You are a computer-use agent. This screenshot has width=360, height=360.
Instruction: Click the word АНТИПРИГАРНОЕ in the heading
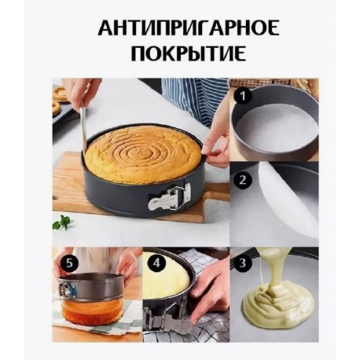pyautogui.click(x=189, y=29)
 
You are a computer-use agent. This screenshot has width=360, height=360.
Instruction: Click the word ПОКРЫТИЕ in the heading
pyautogui.click(x=189, y=53)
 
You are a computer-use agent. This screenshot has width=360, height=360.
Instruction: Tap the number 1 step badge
pyautogui.click(x=243, y=96)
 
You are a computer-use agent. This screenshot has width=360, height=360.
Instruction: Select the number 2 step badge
pyautogui.click(x=242, y=180)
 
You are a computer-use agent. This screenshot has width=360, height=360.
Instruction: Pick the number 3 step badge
pyautogui.click(x=243, y=263)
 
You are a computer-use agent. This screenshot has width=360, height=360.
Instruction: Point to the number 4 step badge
pyautogui.click(x=156, y=263)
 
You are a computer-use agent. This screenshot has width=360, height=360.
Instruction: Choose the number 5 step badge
pyautogui.click(x=69, y=263)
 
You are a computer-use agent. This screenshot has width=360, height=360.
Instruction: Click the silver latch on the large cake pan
pyautogui.click(x=169, y=197)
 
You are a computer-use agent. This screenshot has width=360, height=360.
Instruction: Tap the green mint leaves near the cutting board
pyautogui.click(x=62, y=222)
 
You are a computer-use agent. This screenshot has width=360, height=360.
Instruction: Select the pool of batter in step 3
pyautogui.click(x=278, y=301)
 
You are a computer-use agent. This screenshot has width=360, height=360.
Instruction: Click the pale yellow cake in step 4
pyautogui.click(x=166, y=276)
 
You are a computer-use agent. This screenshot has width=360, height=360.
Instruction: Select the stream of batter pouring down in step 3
pyautogui.click(x=270, y=270)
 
